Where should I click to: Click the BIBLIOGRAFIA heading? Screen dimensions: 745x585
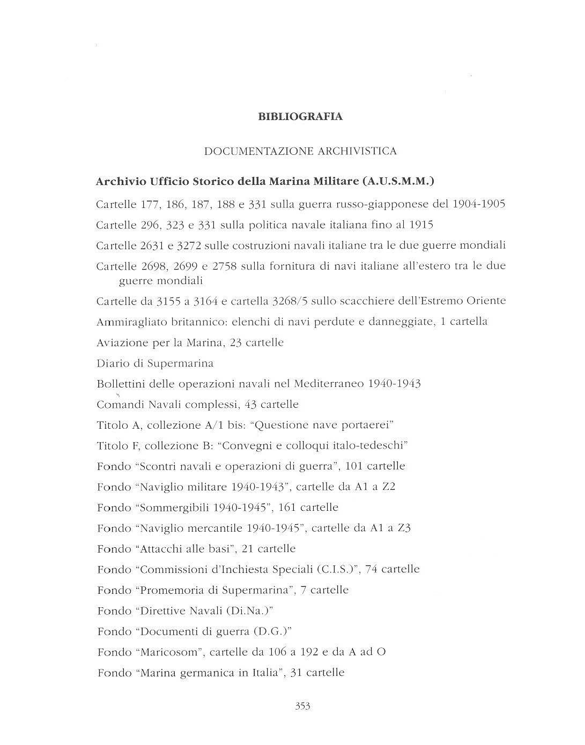[x=300, y=116]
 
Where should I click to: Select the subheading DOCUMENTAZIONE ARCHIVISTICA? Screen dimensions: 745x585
[x=300, y=151]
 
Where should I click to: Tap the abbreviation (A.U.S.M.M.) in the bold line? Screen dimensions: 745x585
[x=398, y=182]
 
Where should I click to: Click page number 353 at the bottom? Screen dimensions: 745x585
[x=302, y=706]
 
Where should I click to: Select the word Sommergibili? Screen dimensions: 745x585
[x=177, y=507]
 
